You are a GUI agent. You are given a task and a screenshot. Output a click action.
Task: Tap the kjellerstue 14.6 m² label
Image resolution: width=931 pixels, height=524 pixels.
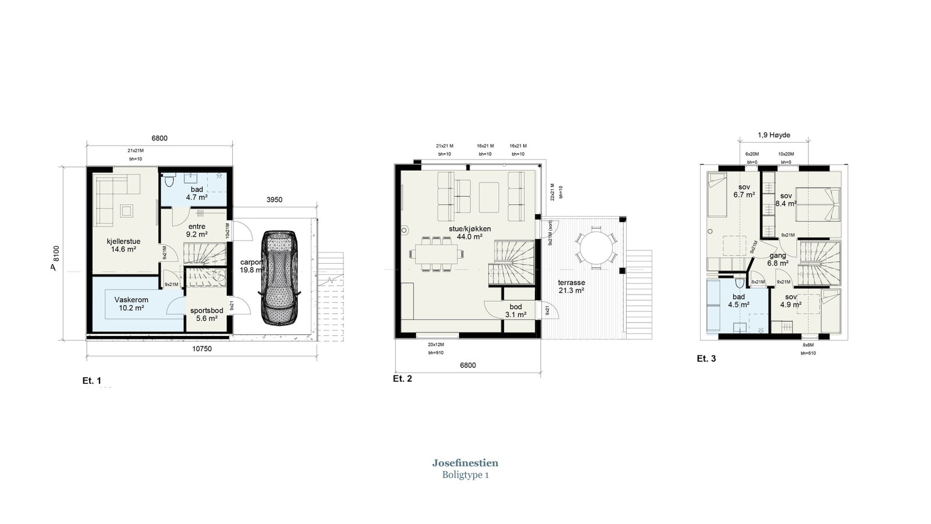(123, 245)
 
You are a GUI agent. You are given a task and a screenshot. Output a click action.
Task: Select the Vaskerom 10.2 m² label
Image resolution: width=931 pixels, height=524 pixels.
(131, 304)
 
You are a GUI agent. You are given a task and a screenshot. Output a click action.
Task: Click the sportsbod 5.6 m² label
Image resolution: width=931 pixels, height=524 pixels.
(207, 314)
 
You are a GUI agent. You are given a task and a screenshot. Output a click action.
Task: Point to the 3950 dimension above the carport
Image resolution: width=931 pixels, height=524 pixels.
(274, 200)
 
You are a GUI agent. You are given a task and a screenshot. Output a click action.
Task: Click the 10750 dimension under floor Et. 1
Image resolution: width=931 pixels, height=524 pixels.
(201, 349)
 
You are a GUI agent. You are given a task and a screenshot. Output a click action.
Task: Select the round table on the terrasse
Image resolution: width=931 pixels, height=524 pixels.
(596, 247)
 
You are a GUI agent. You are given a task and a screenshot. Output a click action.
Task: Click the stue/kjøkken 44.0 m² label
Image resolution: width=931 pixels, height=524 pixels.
(470, 233)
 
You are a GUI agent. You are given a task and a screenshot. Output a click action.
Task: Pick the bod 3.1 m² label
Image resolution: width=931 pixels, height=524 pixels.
(516, 310)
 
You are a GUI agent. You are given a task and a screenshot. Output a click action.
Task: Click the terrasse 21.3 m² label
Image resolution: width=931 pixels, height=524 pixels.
(571, 286)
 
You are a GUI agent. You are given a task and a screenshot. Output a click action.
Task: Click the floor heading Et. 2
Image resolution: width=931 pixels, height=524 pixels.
(402, 378)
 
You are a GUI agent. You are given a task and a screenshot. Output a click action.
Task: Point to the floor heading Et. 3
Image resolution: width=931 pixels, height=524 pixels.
(706, 359)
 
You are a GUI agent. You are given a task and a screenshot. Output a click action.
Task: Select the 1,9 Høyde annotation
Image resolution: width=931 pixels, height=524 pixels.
(773, 135)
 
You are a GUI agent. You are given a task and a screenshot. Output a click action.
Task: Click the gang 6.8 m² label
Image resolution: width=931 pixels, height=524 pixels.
(778, 259)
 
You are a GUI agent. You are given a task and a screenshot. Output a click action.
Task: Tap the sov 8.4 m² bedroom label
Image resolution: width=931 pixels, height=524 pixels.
(786, 200)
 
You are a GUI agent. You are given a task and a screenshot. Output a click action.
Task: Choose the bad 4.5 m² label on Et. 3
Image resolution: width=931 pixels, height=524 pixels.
(738, 300)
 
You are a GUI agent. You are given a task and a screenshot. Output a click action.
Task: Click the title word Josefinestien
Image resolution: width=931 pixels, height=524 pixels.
(465, 463)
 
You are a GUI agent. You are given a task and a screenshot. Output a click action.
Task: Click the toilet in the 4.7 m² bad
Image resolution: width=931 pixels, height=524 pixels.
(169, 181)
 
